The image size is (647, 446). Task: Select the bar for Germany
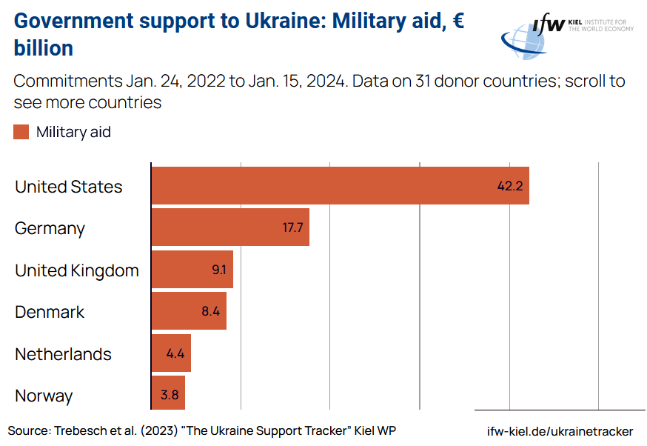click(230, 227)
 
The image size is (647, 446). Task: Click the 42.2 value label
click(510, 186)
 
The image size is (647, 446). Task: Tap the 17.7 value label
click(293, 227)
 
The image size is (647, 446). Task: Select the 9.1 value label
click(219, 270)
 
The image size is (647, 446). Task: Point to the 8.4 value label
click(211, 311)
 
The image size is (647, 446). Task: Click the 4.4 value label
click(175, 353)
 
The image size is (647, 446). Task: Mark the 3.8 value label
click(170, 395)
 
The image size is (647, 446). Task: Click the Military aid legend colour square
click(21, 132)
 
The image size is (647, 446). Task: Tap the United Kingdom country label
click(77, 270)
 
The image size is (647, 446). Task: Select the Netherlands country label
click(63, 354)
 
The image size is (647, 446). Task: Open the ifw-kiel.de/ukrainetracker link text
click(560, 431)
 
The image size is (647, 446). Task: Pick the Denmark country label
click(50, 312)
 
